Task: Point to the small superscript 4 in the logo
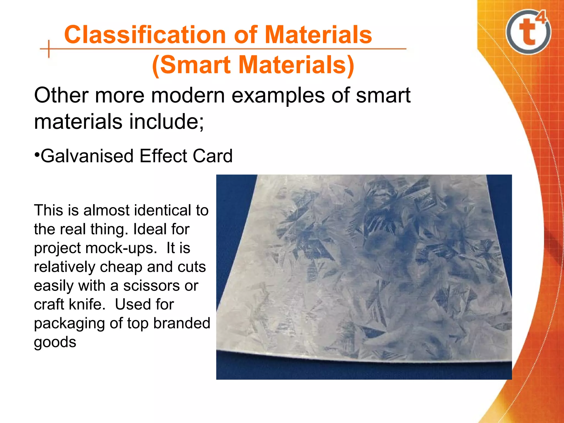[x=541, y=18]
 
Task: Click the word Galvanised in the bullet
[x=87, y=156]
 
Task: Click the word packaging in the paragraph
[x=69, y=324]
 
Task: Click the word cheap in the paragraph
[x=121, y=267]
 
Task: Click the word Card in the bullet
[x=212, y=156]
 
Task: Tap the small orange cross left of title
[x=49, y=49]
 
